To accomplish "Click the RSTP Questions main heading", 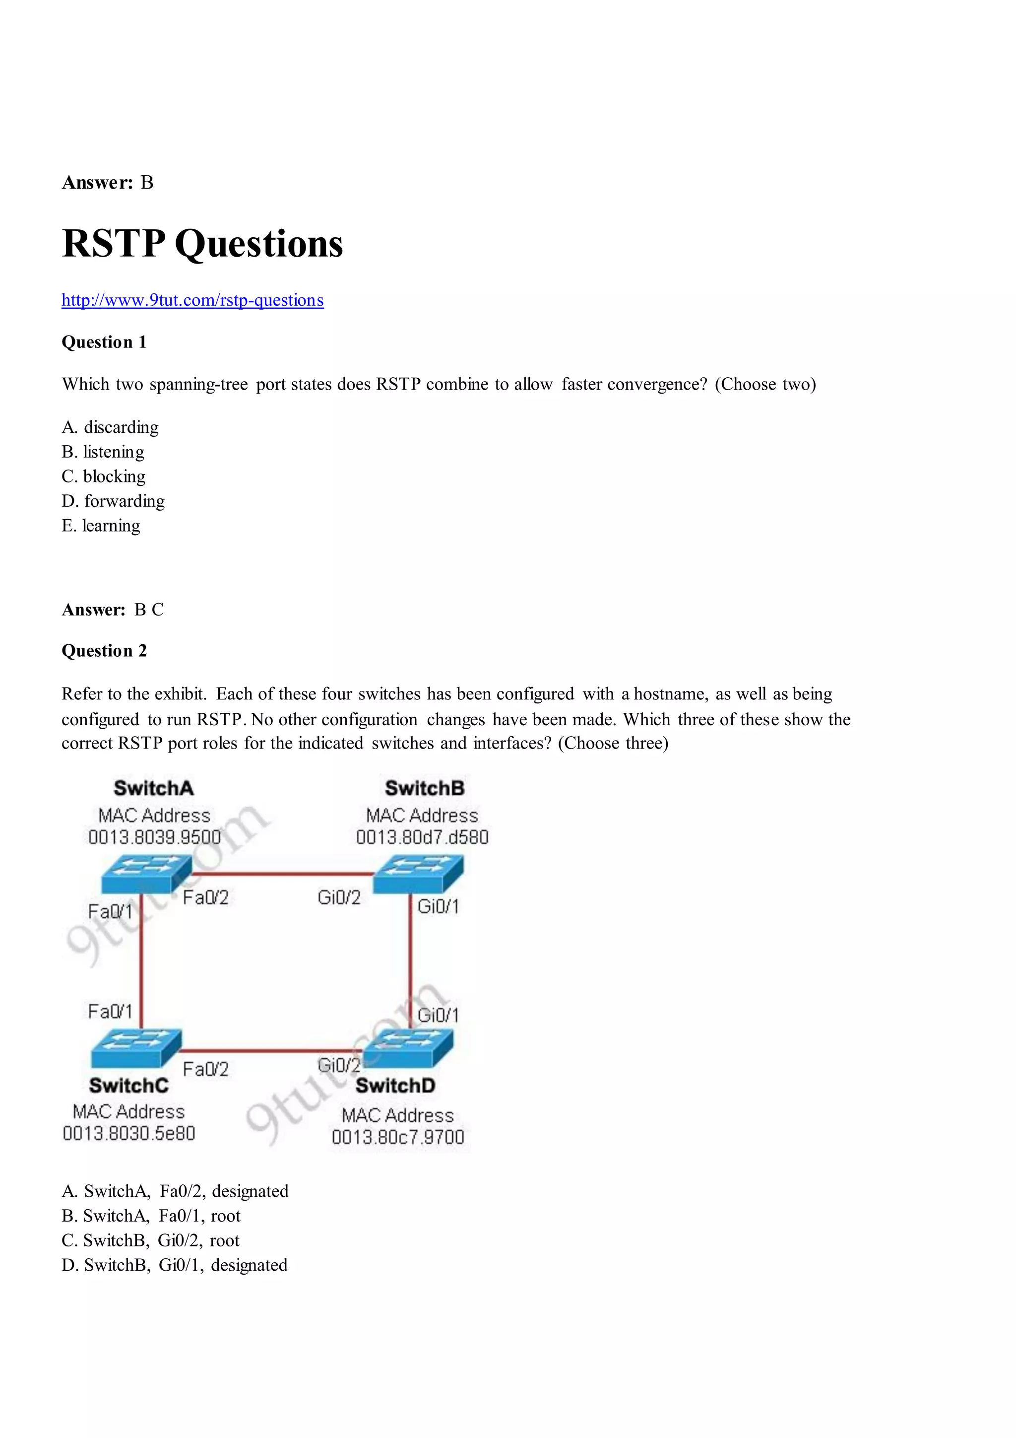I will tap(202, 244).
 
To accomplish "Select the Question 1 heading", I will tap(104, 342).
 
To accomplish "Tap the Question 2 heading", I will tap(104, 651).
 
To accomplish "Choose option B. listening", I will tap(103, 452).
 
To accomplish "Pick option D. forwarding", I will tap(113, 501).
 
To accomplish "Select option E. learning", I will tap(101, 526).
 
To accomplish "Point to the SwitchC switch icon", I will tap(136, 1048).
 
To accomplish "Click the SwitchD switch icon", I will tap(407, 1048).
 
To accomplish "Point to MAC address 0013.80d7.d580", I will tap(422, 837).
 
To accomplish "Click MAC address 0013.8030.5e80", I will tap(129, 1134).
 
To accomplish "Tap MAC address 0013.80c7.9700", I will tap(398, 1137).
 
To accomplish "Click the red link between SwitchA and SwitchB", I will tap(282, 873).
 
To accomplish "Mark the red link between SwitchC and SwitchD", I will tap(272, 1050).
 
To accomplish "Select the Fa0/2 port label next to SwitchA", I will tap(205, 897).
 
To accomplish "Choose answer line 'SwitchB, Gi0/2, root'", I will tap(150, 1241).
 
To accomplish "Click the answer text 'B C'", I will tap(149, 610).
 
